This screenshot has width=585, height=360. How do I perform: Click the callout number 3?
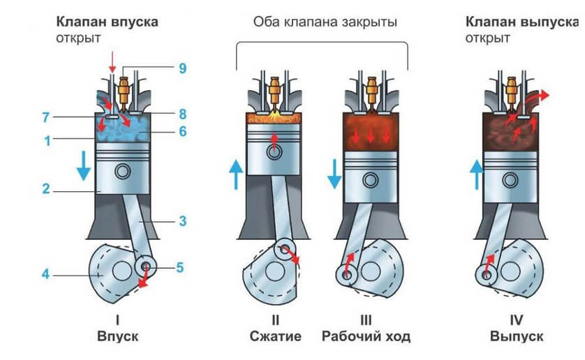click(x=182, y=222)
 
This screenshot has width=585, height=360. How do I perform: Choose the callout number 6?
click(x=182, y=132)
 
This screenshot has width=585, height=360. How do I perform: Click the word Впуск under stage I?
click(x=118, y=336)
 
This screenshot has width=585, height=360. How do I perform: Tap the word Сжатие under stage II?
click(x=275, y=336)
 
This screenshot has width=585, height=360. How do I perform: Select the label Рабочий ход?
click(x=366, y=336)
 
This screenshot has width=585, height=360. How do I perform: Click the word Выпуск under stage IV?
click(x=516, y=336)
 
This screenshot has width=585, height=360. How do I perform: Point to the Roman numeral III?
click(x=366, y=321)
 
